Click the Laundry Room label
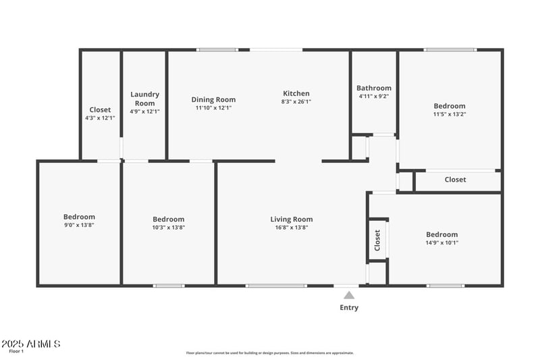pyautogui.click(x=144, y=99)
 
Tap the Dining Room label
pyautogui.click(x=213, y=99)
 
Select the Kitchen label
pyautogui.click(x=296, y=93)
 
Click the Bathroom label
pyautogui.click(x=374, y=88)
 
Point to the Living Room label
pyautogui.click(x=292, y=219)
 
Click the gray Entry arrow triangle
pyautogui.click(x=349, y=294)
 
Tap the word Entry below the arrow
pyautogui.click(x=349, y=308)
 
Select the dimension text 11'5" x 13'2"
pyautogui.click(x=450, y=114)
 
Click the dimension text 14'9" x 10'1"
pyautogui.click(x=441, y=242)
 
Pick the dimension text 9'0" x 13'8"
pyautogui.click(x=79, y=225)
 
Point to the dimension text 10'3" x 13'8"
pyautogui.click(x=168, y=228)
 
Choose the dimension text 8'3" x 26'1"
pyautogui.click(x=296, y=102)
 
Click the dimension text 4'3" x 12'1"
pyautogui.click(x=100, y=118)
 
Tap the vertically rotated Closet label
pyautogui.click(x=377, y=238)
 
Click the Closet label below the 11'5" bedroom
pyautogui.click(x=455, y=180)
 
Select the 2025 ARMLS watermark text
pyautogui.click(x=31, y=344)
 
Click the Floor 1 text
pyautogui.click(x=16, y=351)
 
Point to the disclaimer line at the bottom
pyautogui.click(x=270, y=353)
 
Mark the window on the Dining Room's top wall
pyautogui.click(x=217, y=49)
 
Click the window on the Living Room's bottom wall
pyautogui.click(x=275, y=286)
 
